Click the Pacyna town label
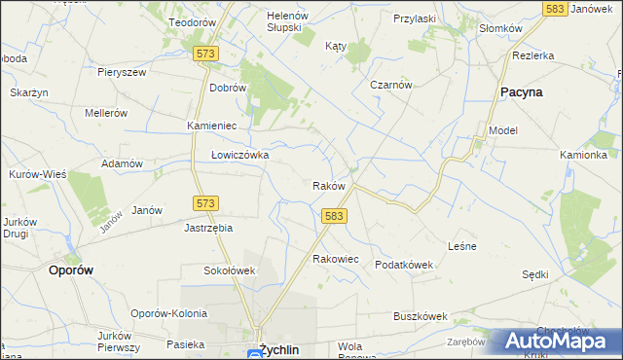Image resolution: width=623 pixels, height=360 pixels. [521, 91]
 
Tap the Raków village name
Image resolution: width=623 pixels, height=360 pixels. [329, 185]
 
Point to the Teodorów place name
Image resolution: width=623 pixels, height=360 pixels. [192, 21]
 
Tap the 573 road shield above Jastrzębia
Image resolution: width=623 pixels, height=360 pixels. [204, 203]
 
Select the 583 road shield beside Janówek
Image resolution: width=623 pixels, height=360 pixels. [556, 8]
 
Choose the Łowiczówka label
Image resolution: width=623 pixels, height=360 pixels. [239, 155]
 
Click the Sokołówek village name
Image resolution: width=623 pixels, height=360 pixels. [229, 270]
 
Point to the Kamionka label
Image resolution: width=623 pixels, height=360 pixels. [584, 155]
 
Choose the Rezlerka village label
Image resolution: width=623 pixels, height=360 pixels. [533, 55]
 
